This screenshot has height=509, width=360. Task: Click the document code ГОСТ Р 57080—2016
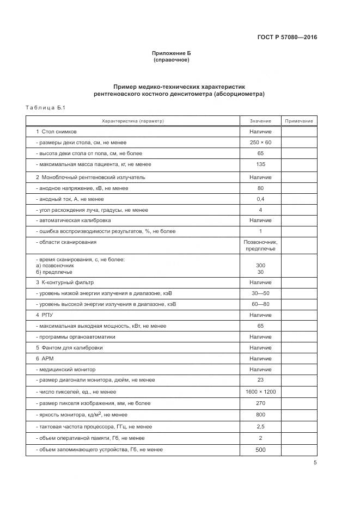pyautogui.click(x=287, y=38)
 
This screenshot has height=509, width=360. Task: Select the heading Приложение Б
pyautogui.click(x=172, y=53)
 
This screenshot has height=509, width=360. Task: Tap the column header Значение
pyautogui.click(x=260, y=120)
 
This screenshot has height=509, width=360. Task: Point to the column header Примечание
pyautogui.click(x=298, y=120)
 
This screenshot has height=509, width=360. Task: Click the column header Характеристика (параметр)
pyautogui.click(x=133, y=120)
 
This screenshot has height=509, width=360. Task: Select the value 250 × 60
pyautogui.click(x=260, y=142)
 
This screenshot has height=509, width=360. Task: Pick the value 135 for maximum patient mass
pyautogui.click(x=260, y=164)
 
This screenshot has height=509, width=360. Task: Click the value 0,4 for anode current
pyautogui.click(x=260, y=199)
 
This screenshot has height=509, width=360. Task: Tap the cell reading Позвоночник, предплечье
pyautogui.click(x=260, y=245)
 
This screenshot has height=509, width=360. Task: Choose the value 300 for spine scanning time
pyautogui.click(x=260, y=265)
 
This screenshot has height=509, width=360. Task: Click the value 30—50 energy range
pyautogui.click(x=260, y=293)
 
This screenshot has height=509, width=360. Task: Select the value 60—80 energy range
pyautogui.click(x=260, y=304)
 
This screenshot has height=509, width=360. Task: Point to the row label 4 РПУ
pyautogui.click(x=45, y=315)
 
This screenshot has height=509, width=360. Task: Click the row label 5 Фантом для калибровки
pyautogui.click(x=69, y=347)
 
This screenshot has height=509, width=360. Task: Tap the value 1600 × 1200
pyautogui.click(x=260, y=392)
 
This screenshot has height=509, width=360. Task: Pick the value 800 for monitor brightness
pyautogui.click(x=260, y=414)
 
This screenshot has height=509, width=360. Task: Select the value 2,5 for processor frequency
pyautogui.click(x=260, y=426)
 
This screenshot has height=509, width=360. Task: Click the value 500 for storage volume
pyautogui.click(x=260, y=450)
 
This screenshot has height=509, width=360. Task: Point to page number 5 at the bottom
pyautogui.click(x=315, y=463)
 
